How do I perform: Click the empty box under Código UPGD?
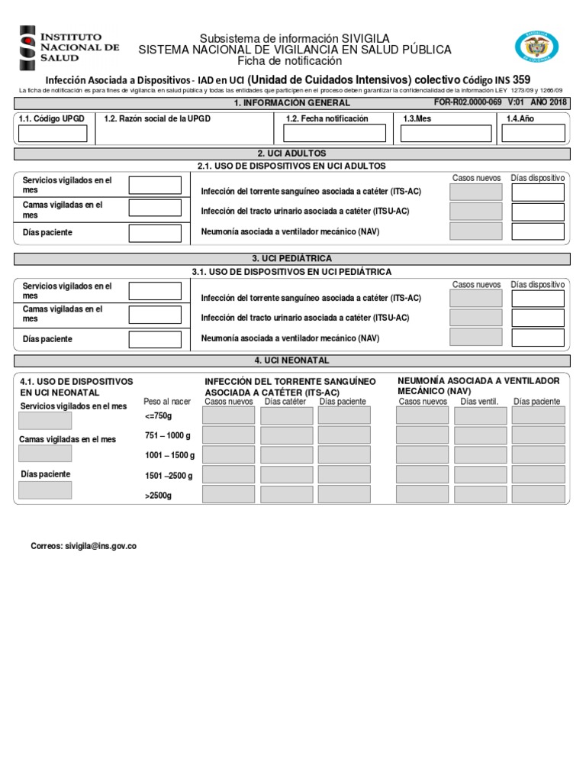pyautogui.click(x=53, y=134)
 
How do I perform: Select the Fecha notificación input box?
pyautogui.click(x=333, y=134)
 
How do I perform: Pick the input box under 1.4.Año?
pyautogui.click(x=533, y=134)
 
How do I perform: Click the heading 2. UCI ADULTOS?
pyautogui.click(x=292, y=153)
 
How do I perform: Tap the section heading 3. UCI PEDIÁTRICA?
pyautogui.click(x=292, y=259)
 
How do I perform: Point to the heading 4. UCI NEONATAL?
pyautogui.click(x=292, y=360)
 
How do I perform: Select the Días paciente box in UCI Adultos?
pyautogui.click(x=155, y=232)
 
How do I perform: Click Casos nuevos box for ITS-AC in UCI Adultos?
pyautogui.click(x=476, y=192)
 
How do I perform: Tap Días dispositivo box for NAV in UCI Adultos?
pyautogui.click(x=537, y=231)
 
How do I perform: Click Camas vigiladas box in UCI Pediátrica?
pyautogui.click(x=155, y=314)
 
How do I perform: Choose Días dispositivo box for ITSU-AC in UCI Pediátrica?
pyautogui.click(x=537, y=318)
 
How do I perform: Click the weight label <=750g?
pyautogui.click(x=158, y=415)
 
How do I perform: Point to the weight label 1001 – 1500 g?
pyautogui.click(x=169, y=455)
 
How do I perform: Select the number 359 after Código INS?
pyautogui.click(x=522, y=79)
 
